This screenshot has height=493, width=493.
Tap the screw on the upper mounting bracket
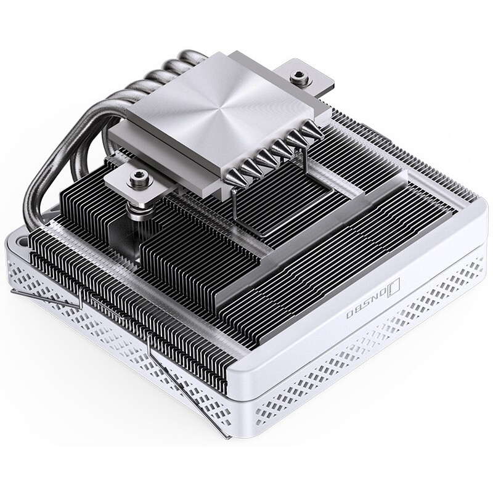300,76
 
